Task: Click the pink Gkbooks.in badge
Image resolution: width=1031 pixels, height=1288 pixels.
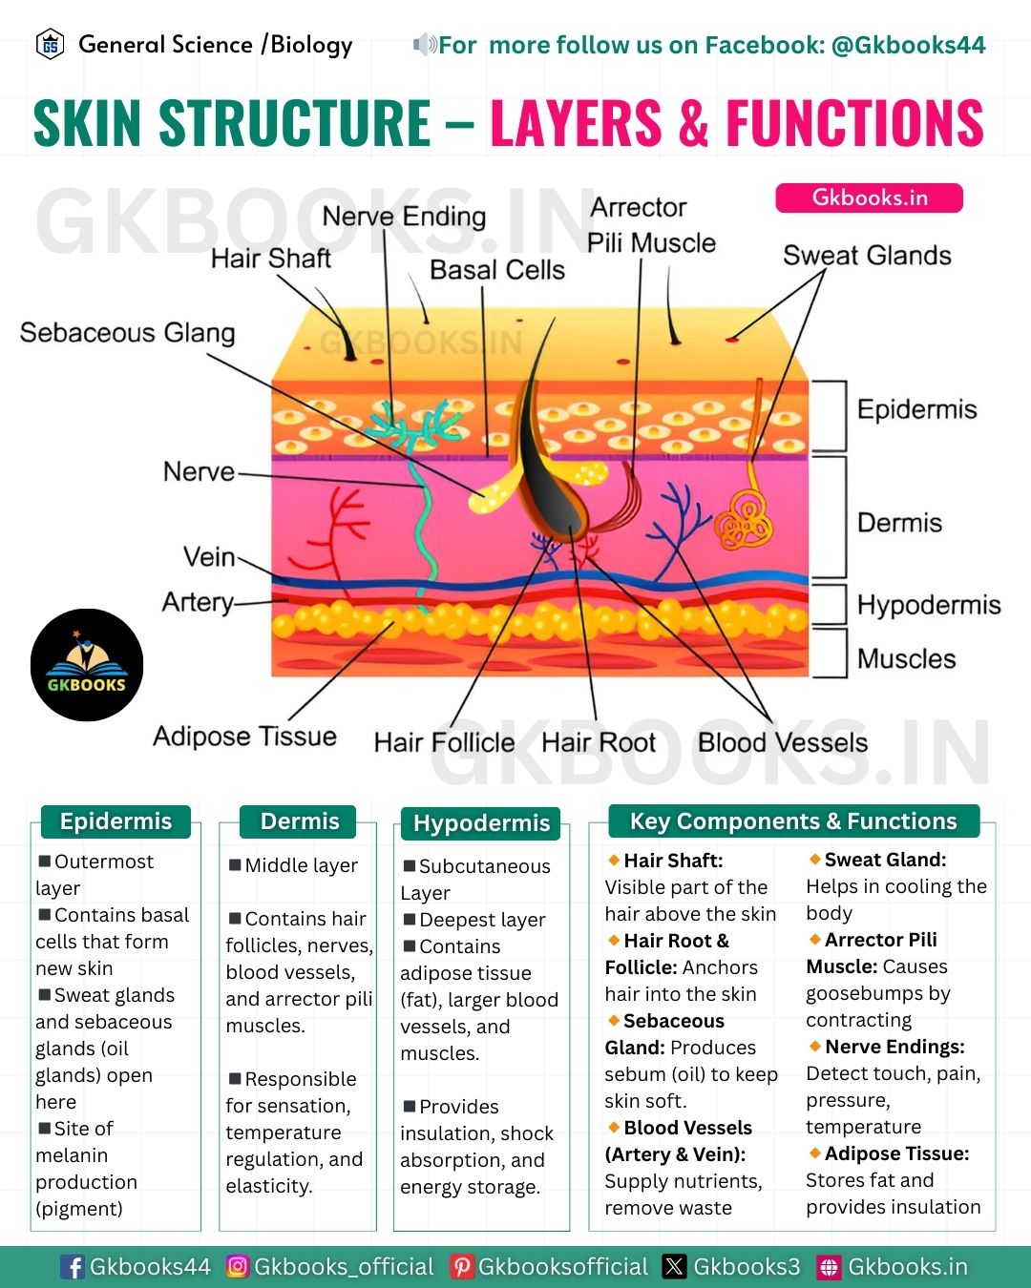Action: point(869,197)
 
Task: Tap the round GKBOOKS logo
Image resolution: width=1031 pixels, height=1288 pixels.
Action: point(87,664)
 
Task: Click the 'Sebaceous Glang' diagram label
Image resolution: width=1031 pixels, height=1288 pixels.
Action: point(127,333)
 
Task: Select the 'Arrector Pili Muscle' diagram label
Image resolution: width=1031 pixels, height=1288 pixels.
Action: point(651,226)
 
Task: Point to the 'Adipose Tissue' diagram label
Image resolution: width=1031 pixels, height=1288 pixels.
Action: point(244,737)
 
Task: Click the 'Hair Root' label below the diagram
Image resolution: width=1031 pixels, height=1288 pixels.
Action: point(599,743)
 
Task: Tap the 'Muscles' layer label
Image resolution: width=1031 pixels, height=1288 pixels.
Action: point(906,658)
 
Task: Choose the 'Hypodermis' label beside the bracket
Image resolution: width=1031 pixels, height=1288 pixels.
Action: point(929,605)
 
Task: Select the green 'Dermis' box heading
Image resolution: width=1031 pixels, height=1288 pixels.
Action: point(299,821)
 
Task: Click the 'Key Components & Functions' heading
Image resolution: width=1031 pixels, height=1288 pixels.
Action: point(793,821)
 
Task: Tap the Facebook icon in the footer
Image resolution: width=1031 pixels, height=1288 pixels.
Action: point(74,1266)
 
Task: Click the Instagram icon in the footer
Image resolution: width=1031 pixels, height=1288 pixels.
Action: point(238,1266)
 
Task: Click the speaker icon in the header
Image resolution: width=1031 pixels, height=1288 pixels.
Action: point(425,44)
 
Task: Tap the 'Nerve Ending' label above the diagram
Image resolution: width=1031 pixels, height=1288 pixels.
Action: point(405,217)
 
